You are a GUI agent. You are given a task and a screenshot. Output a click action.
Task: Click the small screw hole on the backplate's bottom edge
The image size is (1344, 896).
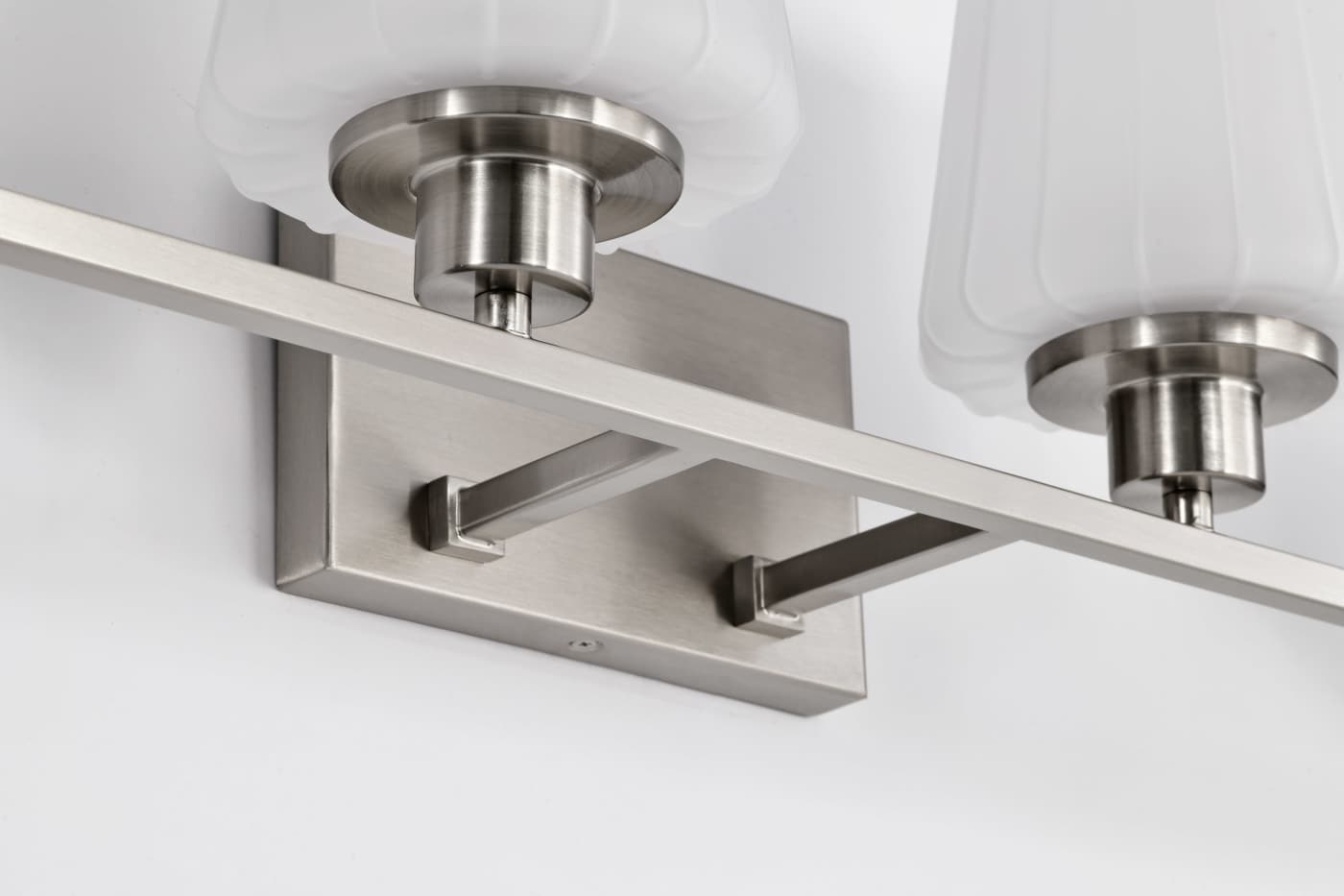click(x=579, y=646)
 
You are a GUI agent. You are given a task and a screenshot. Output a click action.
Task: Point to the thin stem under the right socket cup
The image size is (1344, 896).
click(x=1189, y=505)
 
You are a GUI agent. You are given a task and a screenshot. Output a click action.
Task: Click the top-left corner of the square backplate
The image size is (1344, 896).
click(x=280, y=215)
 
